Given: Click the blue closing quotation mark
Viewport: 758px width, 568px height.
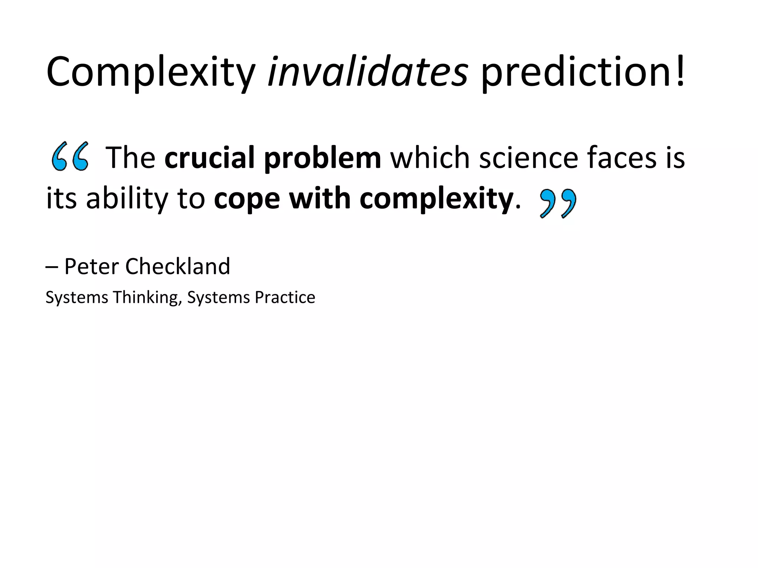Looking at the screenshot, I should pyautogui.click(x=558, y=203).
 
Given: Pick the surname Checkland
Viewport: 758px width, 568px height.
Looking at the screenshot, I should pyautogui.click(x=178, y=266).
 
